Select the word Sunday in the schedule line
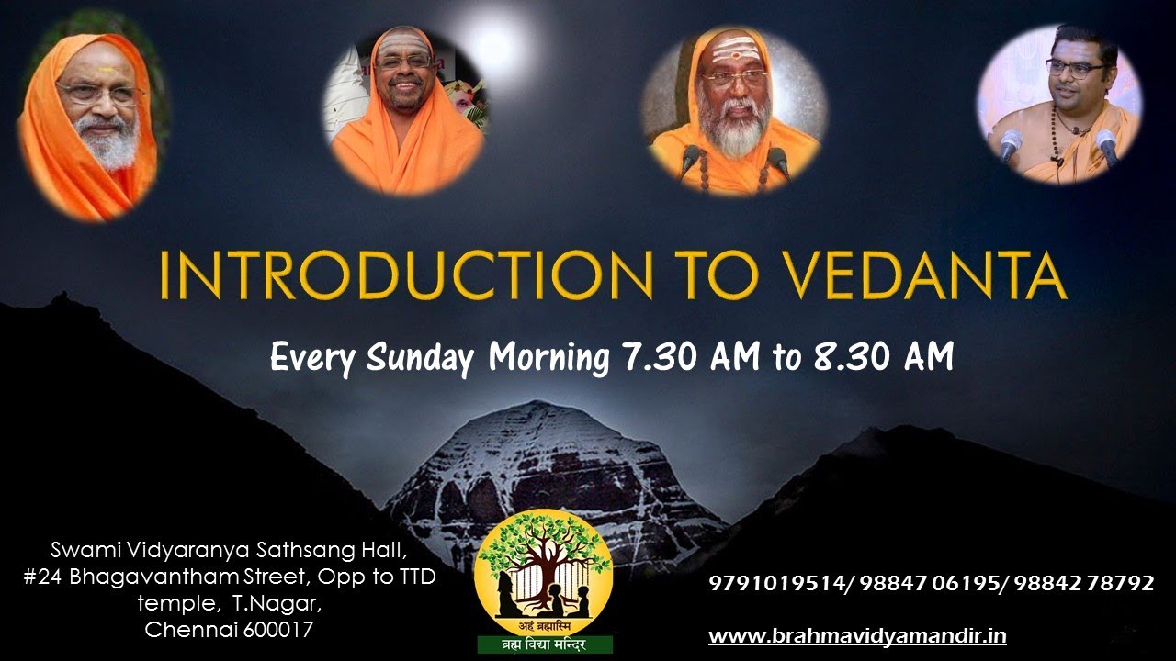[x=419, y=357]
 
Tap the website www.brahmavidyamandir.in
[x=857, y=635]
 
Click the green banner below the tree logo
[x=544, y=643]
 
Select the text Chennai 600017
[x=230, y=630]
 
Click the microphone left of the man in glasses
[x=1011, y=144]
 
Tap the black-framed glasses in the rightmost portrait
[x=1076, y=68]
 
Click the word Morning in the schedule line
[x=548, y=357]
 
